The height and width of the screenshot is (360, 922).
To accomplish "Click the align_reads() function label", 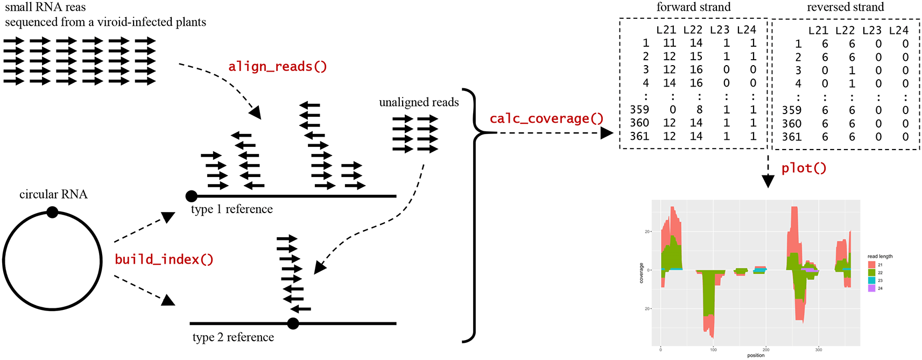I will (x=277, y=67).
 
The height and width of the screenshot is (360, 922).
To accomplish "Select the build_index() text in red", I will (x=164, y=260).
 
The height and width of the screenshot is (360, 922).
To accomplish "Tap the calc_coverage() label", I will (x=546, y=119).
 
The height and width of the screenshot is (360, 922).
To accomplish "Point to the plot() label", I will (x=804, y=168).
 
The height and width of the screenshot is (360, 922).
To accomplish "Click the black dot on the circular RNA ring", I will (x=52, y=213).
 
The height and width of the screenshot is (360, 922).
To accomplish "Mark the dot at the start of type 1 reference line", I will (x=191, y=196).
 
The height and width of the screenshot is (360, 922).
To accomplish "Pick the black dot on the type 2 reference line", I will (x=293, y=323).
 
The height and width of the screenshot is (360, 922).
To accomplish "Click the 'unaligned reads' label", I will (x=419, y=102).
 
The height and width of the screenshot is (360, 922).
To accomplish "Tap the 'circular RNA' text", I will (x=53, y=194).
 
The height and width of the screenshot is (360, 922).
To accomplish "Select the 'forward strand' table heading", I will (x=693, y=7).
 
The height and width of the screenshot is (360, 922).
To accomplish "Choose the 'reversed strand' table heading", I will (x=845, y=7).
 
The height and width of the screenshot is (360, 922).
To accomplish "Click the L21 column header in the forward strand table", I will (x=666, y=30).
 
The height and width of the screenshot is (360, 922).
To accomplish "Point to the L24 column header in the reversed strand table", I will (x=898, y=31).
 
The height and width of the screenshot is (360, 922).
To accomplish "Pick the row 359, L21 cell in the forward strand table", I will (x=673, y=110).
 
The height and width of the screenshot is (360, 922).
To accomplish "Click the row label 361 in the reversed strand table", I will (x=791, y=137).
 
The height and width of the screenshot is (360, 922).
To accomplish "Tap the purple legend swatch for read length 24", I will (x=871, y=288).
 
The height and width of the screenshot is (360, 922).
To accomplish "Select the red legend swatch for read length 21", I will (x=871, y=265).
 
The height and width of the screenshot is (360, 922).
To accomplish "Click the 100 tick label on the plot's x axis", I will (x=713, y=350).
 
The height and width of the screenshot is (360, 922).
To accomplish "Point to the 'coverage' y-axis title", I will (x=641, y=273).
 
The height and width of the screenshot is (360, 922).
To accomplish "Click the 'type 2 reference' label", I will (x=233, y=337).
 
